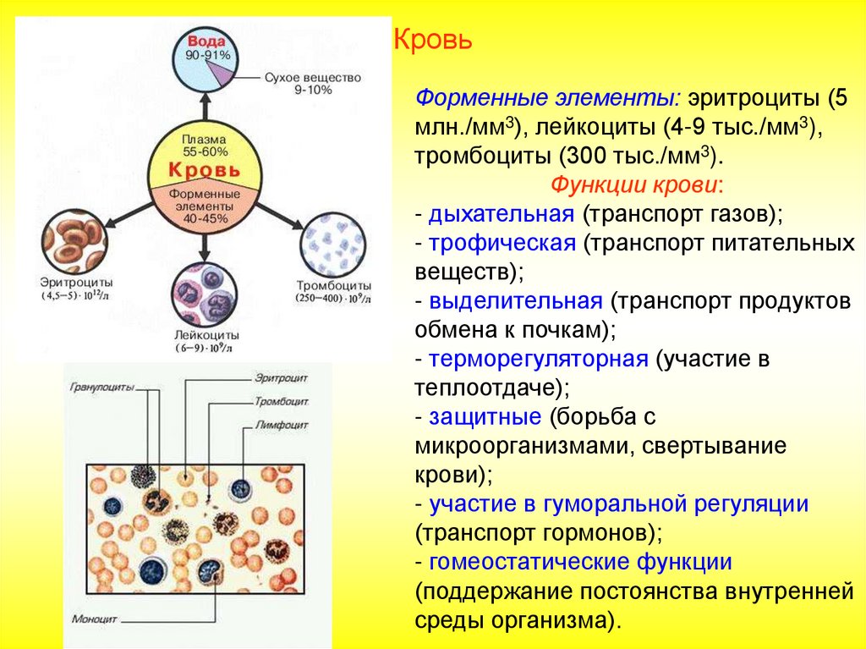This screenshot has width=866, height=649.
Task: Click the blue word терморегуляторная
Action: [x=538, y=358]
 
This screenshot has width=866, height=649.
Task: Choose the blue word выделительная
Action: [x=515, y=300]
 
